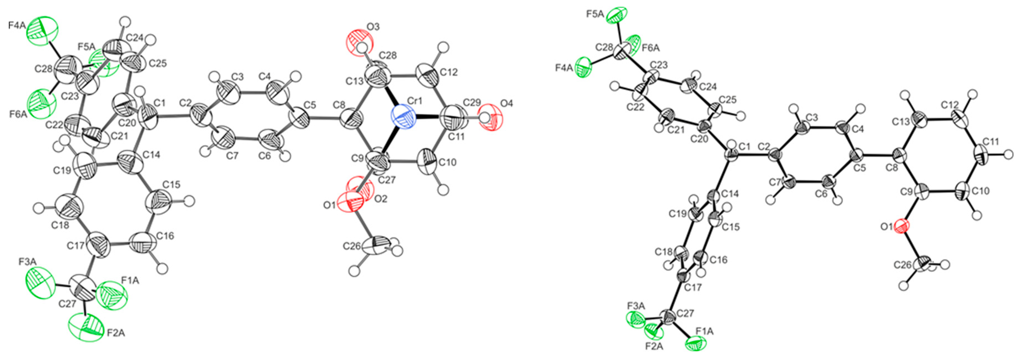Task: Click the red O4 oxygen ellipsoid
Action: [492, 117]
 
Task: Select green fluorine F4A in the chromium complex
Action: [43, 31]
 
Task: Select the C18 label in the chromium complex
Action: [60, 225]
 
